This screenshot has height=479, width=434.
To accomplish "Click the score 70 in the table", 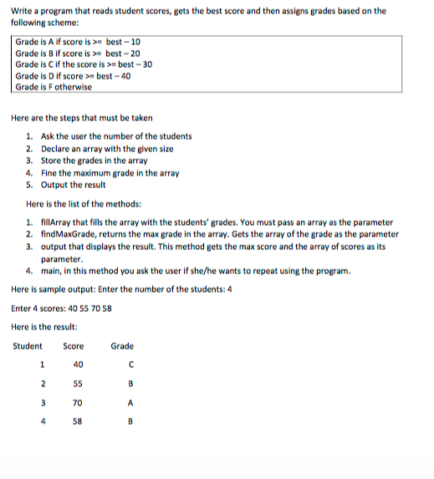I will [78, 402].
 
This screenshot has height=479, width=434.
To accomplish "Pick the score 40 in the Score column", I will [78, 364].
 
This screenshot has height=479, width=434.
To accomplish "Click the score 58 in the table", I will [78, 421].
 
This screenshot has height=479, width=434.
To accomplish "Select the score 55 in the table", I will [78, 383].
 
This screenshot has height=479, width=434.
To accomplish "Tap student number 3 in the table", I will [41, 402].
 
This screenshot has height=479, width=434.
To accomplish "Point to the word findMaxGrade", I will [69, 234].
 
